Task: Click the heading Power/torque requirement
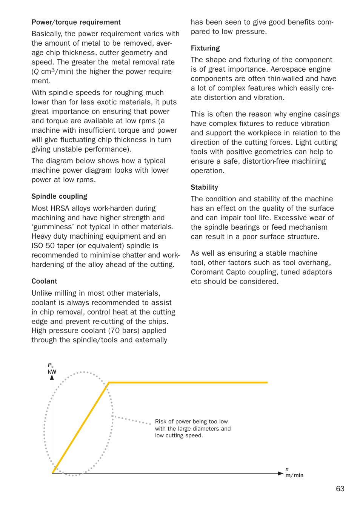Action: (x=76, y=22)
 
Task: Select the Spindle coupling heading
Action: (x=59, y=196)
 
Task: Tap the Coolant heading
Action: (x=44, y=281)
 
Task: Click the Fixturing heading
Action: (x=205, y=48)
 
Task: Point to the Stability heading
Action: (x=204, y=187)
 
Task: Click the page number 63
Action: (x=340, y=489)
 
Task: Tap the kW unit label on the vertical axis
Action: (x=52, y=372)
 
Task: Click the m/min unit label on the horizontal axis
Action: (x=294, y=475)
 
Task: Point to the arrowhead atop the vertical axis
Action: (x=52, y=377)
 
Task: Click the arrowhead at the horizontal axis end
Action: (x=280, y=473)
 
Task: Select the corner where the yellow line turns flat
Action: (x=109, y=383)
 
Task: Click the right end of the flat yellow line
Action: (x=267, y=382)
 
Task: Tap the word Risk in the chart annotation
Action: (x=161, y=422)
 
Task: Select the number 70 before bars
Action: (x=115, y=331)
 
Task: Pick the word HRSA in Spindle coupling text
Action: (x=60, y=209)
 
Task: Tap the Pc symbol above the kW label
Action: (x=51, y=365)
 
